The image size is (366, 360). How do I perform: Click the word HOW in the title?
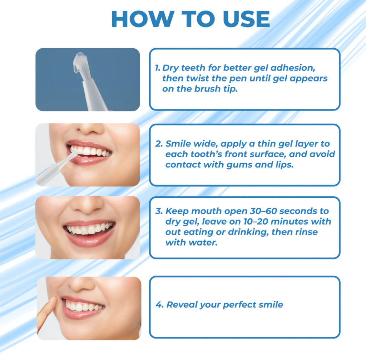(143, 19)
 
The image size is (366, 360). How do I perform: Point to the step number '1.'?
(158, 68)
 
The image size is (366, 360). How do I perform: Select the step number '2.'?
(159, 144)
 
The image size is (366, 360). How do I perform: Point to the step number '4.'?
(159, 305)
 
